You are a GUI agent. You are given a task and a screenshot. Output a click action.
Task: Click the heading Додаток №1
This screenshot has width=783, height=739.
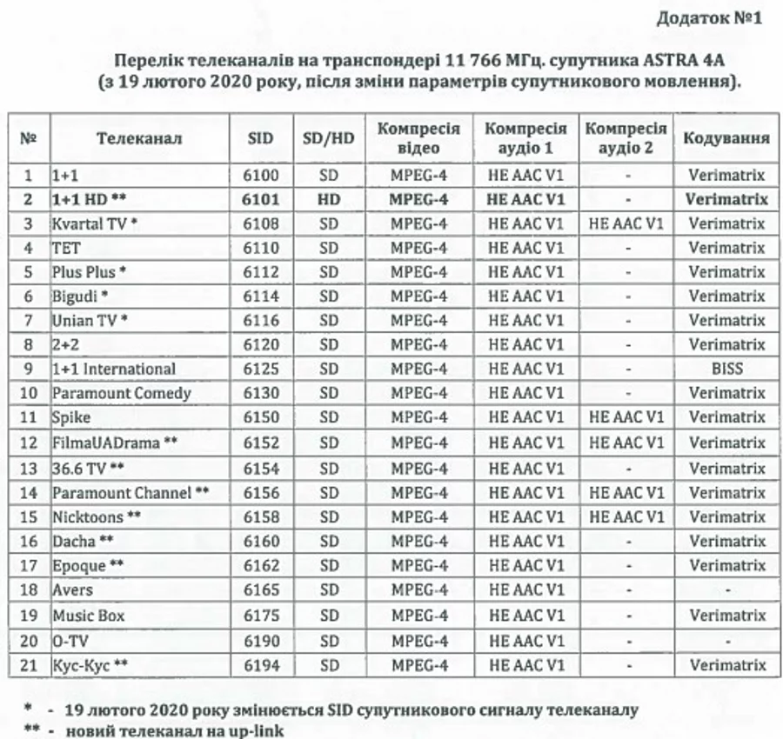tap(707, 18)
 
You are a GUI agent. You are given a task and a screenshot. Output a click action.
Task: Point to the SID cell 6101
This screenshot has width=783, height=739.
tap(260, 199)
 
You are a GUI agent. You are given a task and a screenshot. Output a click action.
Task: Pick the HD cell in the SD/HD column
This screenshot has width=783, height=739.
tap(328, 199)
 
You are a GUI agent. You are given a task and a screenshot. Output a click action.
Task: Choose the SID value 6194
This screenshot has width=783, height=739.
tap(260, 665)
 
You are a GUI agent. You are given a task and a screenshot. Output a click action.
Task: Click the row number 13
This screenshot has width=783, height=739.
tap(29, 469)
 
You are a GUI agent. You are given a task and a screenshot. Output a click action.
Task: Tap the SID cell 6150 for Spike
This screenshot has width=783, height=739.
tap(260, 417)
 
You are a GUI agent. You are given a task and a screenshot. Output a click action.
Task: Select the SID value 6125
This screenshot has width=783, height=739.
tap(260, 369)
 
